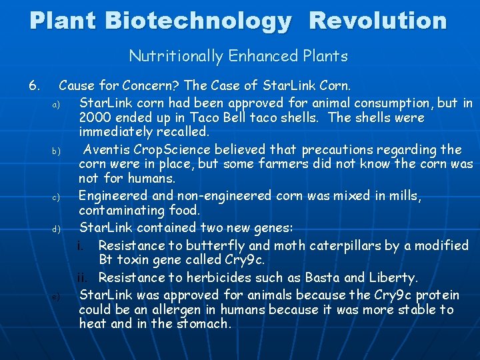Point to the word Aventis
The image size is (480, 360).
109,149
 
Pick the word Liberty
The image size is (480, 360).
393,277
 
